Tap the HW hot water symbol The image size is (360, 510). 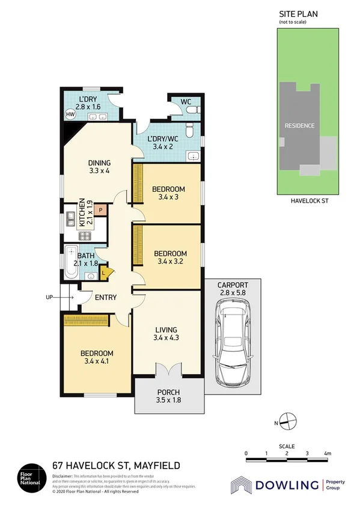(x=70, y=114)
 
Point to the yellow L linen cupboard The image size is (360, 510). (x=103, y=273)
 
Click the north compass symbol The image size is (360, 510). (x=288, y=422)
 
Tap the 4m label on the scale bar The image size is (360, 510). (x=328, y=453)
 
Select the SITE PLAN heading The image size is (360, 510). (x=298, y=13)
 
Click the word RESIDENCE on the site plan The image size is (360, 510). (x=299, y=126)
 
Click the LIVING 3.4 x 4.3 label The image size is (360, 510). (x=165, y=334)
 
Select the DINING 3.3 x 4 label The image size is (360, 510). (x=100, y=166)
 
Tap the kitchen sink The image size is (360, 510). (x=70, y=217)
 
